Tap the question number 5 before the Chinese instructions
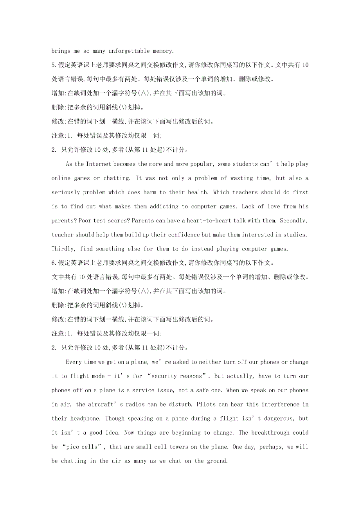[x=54, y=65]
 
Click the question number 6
[x=54, y=263]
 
